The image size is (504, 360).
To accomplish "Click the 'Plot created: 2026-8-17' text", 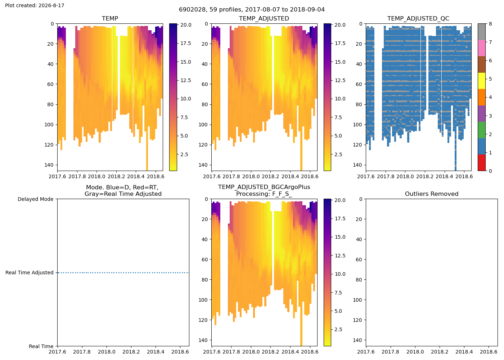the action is click(35, 5).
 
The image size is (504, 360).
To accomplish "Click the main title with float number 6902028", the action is click(252, 10).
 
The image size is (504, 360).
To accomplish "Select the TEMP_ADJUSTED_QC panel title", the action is click(418, 19).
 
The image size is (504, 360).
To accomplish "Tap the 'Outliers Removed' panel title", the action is click(432, 194).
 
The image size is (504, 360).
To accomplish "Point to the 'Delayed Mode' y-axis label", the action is click(36, 199).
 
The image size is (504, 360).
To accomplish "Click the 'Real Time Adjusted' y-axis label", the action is click(30, 273).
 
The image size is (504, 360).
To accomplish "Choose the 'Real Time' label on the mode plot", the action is click(41, 346).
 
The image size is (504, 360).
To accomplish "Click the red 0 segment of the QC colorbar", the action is click(482, 163).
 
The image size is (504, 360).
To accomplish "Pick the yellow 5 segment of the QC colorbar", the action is click(482, 81).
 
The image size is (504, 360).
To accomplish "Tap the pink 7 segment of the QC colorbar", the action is click(482, 48).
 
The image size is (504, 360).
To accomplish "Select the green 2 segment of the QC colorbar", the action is click(482, 130).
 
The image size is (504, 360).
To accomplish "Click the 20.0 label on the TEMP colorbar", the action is click(186, 25).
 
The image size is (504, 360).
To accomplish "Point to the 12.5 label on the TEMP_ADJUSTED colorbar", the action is click(340, 81).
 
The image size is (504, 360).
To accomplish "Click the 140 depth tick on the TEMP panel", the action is click(49, 165).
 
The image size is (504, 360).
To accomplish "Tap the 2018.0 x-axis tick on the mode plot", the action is click(107, 352).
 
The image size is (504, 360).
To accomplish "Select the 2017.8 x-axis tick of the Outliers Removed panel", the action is click(390, 352).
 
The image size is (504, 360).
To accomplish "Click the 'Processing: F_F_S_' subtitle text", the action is click(264, 194).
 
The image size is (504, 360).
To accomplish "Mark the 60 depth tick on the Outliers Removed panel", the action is click(359, 260).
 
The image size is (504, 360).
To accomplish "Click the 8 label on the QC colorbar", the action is click(490, 24).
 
